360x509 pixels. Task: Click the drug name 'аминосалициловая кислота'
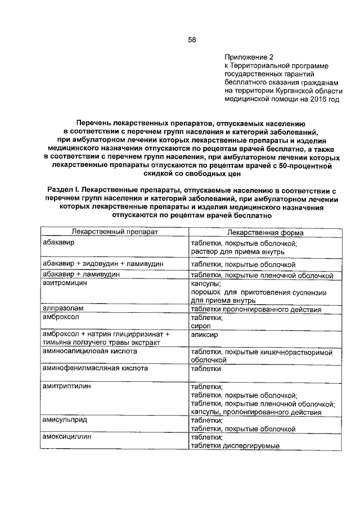[x=90, y=351]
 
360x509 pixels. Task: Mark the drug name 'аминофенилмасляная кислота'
[x=95, y=368]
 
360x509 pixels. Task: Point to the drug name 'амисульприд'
[x=65, y=420]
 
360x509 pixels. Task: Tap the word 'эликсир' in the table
[x=205, y=335]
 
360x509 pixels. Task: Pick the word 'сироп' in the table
[x=201, y=326]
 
